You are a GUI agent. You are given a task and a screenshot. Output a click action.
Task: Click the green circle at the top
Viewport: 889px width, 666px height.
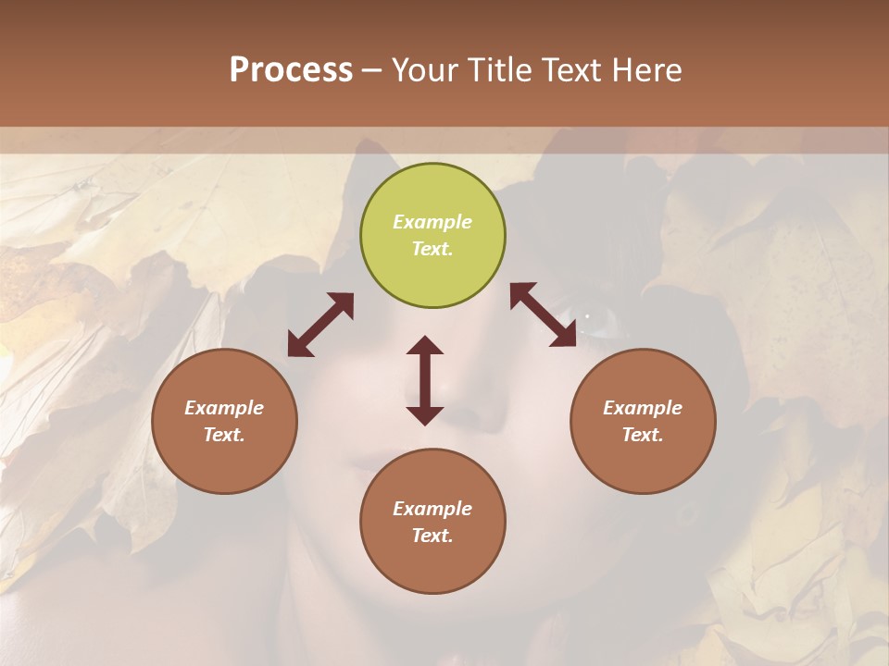(x=432, y=236)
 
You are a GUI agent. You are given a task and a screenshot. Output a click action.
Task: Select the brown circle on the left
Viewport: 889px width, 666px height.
(x=224, y=422)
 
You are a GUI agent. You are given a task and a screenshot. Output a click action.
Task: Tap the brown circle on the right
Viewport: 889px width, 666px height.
(x=643, y=422)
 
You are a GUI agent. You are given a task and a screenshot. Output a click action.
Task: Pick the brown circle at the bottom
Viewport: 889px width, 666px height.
(x=432, y=522)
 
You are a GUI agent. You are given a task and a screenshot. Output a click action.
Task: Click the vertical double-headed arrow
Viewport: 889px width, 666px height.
(x=425, y=380)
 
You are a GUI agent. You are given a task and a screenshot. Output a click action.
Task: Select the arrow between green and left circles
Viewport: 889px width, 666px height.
(x=320, y=325)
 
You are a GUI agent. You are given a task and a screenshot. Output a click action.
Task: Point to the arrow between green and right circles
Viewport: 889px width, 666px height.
(x=544, y=315)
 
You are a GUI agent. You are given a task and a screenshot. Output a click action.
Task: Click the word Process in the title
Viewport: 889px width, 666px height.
(x=291, y=70)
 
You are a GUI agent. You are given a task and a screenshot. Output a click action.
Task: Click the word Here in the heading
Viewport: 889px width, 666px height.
(x=648, y=70)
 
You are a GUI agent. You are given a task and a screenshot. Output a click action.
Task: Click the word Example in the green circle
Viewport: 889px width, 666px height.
(x=432, y=222)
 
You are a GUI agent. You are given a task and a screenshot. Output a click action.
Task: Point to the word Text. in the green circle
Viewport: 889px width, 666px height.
(x=432, y=249)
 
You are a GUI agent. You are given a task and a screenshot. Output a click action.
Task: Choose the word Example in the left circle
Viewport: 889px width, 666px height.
(x=224, y=408)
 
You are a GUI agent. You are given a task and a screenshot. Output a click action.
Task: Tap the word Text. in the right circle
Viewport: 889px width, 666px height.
(x=643, y=435)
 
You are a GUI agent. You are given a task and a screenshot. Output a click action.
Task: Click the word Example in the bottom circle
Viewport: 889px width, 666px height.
(x=432, y=509)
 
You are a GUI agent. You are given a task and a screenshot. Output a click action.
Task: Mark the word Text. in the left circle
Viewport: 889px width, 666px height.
(x=224, y=435)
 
